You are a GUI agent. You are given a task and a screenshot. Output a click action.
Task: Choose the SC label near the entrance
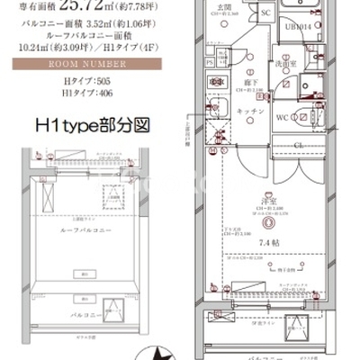[265, 14]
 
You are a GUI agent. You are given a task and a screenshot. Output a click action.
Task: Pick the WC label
[282, 117]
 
